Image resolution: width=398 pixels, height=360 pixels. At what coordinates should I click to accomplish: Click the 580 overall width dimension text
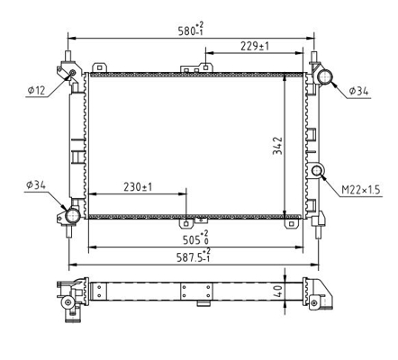click(191, 30)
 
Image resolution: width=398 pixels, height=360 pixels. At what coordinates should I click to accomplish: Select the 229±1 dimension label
click(255, 46)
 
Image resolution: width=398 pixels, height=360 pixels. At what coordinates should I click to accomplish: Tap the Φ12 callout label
click(36, 90)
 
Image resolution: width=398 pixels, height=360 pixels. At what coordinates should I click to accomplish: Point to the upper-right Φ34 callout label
click(358, 91)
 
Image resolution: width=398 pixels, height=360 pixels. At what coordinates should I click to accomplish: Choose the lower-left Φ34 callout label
click(36, 185)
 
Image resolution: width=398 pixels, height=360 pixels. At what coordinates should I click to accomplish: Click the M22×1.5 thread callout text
click(361, 190)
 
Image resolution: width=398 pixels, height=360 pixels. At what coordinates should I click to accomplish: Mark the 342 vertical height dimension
click(277, 146)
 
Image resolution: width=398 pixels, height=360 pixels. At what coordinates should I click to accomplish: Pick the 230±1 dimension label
click(138, 187)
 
